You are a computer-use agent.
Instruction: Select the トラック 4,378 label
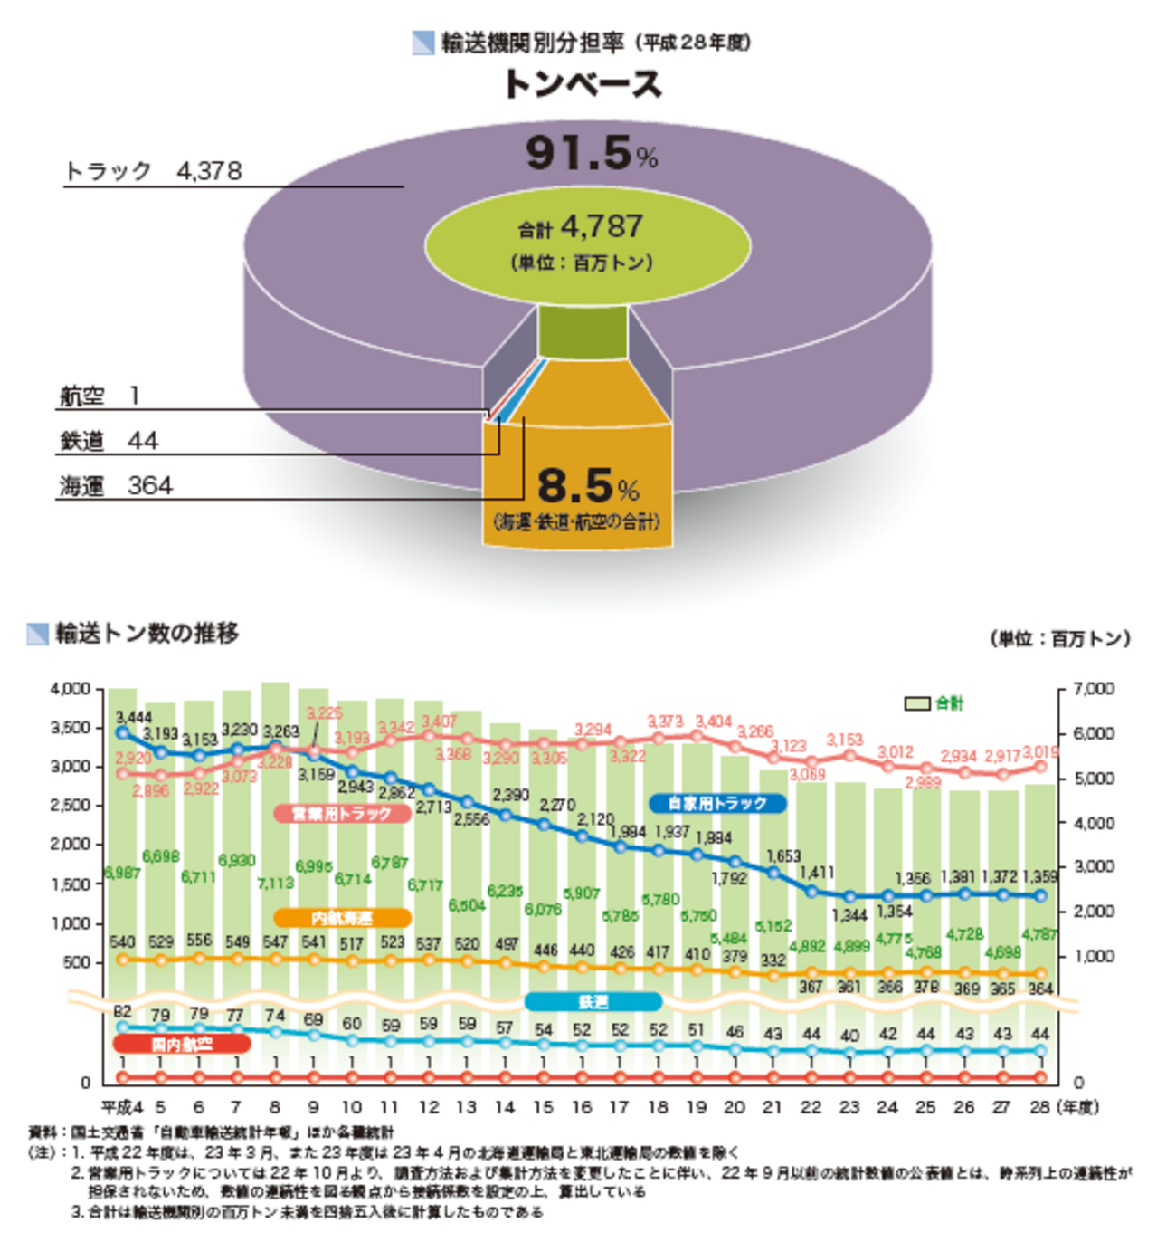coord(154,171)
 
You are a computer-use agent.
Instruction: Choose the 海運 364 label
coord(116,486)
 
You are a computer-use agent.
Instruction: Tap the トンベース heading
coord(583,84)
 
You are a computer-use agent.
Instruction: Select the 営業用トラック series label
coord(342,813)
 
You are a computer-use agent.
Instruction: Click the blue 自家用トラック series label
coord(717,803)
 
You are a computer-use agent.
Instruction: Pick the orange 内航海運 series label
coord(342,918)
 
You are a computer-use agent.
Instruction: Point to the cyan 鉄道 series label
coord(593,1001)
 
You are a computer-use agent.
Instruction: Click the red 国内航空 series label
coord(182,1044)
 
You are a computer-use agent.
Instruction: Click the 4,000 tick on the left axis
coord(71,689)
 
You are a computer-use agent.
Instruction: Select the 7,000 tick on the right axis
coord(1094,689)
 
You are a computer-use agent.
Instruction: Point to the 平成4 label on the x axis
coord(121,1107)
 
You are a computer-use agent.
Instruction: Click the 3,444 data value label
coord(133,718)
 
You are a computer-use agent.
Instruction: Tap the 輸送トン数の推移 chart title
coord(147,634)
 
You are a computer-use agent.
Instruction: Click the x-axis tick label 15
coord(543,1107)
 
